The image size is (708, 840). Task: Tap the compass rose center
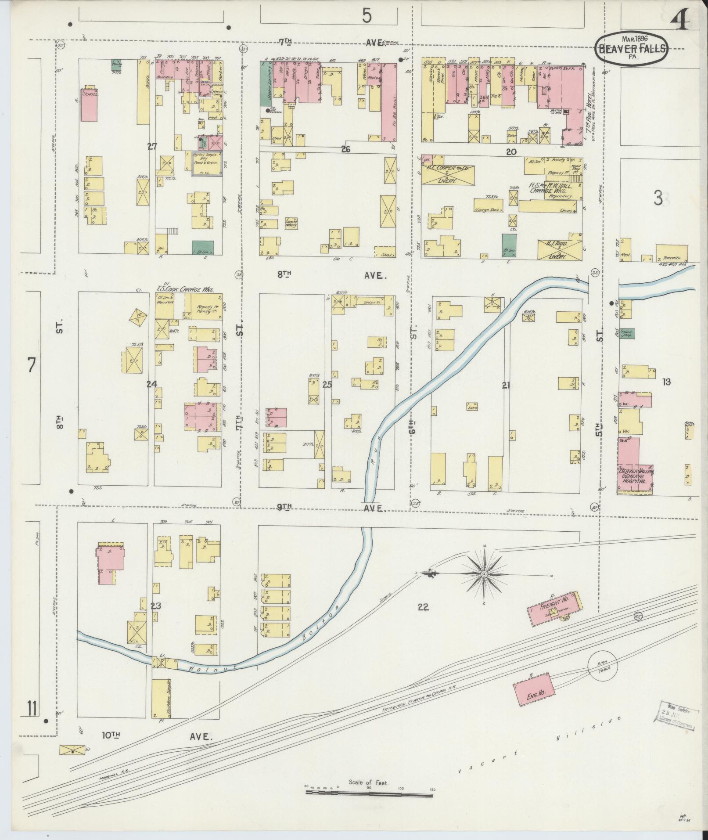pyautogui.click(x=484, y=574)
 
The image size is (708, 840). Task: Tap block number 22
pyautogui.click(x=423, y=607)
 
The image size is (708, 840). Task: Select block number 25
pyautogui.click(x=327, y=385)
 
